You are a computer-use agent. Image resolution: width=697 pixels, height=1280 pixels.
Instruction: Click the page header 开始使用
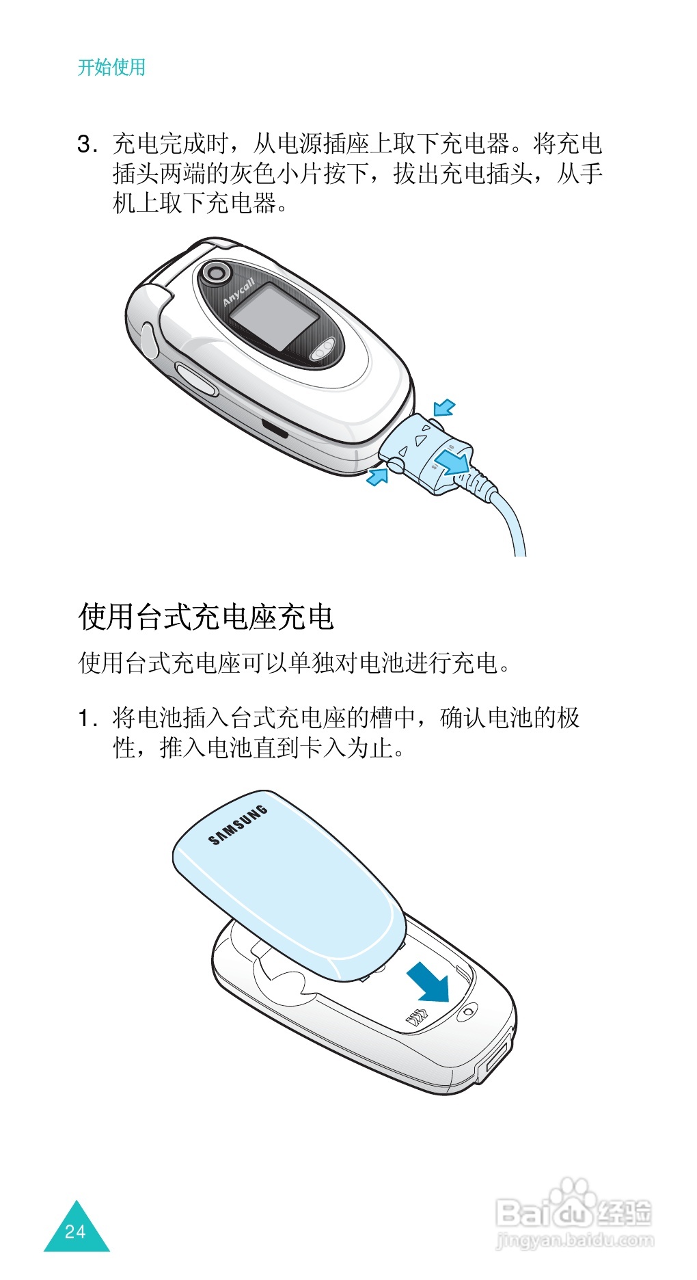tap(111, 68)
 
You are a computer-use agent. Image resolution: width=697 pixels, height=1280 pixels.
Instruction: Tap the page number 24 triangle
tap(76, 1231)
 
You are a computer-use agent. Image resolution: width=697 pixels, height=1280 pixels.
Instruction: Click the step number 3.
tap(85, 144)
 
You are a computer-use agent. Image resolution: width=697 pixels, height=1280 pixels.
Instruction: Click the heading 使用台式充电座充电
tap(206, 616)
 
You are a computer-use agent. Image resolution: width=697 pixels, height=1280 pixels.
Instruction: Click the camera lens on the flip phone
tap(217, 273)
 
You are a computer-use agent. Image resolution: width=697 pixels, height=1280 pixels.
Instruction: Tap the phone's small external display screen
tap(273, 317)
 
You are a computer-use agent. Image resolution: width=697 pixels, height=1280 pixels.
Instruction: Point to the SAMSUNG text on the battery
tap(237, 825)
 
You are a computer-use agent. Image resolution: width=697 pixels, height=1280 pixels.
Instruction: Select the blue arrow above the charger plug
tap(444, 408)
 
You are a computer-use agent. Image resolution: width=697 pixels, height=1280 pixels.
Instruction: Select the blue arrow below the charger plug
tap(377, 476)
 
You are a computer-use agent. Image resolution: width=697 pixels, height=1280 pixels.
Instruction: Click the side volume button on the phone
tap(197, 379)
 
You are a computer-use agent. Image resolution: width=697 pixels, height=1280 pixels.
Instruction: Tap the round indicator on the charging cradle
tap(467, 1012)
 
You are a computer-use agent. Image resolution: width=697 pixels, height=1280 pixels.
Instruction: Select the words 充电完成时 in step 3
tap(171, 144)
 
